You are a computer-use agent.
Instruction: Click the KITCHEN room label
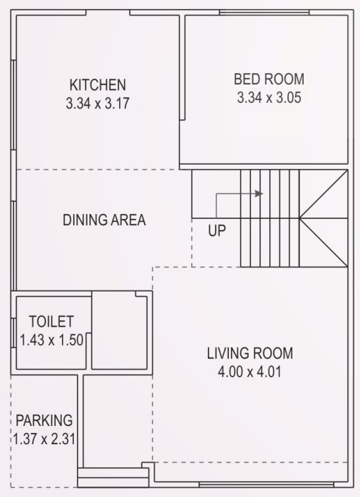[x=97, y=84]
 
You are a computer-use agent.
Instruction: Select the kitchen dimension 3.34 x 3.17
[x=97, y=103]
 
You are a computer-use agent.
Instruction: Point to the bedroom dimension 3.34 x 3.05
[x=269, y=98]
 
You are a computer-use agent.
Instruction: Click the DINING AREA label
[x=104, y=220]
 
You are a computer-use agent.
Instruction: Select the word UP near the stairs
[x=217, y=231]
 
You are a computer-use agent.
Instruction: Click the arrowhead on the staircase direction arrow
[x=260, y=194]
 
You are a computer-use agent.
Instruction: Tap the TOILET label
[x=51, y=322]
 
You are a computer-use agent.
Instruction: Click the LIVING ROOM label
[x=249, y=353]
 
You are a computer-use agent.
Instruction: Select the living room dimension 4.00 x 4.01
[x=249, y=372]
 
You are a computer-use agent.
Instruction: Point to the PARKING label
[x=44, y=420]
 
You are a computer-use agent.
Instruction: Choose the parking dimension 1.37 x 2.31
[x=44, y=438]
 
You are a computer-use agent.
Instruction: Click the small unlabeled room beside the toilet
[x=120, y=332]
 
